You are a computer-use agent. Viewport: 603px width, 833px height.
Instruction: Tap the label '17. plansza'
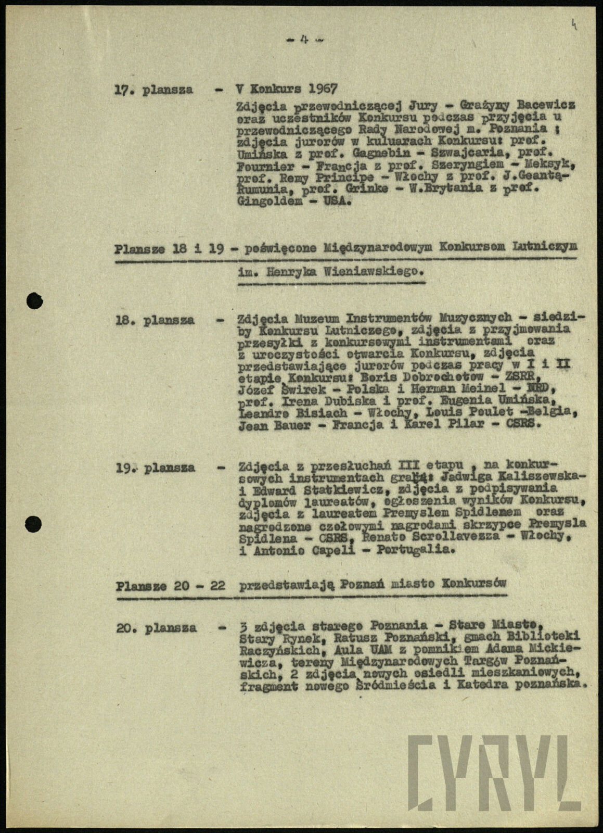tap(153, 89)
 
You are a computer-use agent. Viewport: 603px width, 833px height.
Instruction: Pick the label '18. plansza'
tap(155, 320)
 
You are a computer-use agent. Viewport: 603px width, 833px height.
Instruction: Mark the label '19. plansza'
tap(155, 468)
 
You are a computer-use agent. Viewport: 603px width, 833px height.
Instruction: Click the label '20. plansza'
tap(157, 628)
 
